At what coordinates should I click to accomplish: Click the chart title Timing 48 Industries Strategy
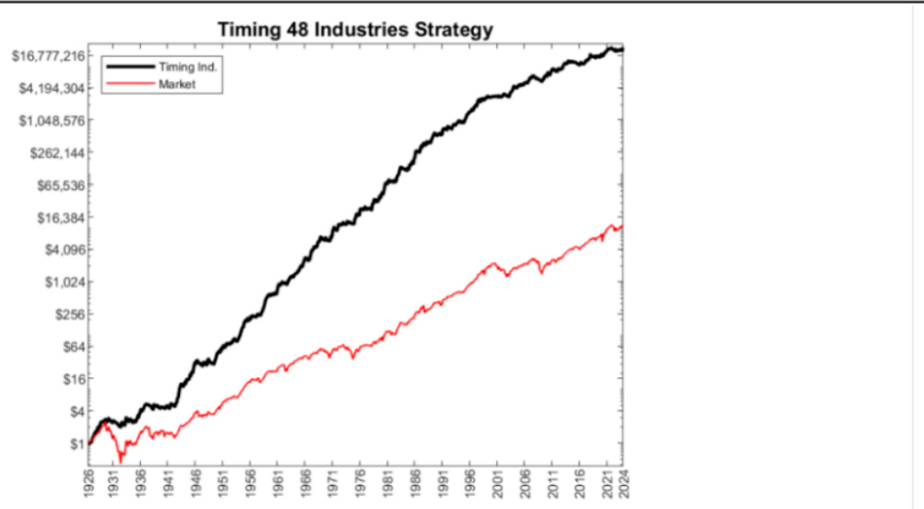pyautogui.click(x=355, y=30)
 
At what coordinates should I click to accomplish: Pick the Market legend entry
pyautogui.click(x=184, y=84)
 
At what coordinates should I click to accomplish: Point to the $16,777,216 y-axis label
pyautogui.click(x=48, y=56)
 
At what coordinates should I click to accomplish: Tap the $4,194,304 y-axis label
pyautogui.click(x=51, y=89)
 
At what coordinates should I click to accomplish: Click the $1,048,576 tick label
pyautogui.click(x=51, y=121)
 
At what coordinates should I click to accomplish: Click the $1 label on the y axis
pyautogui.click(x=77, y=444)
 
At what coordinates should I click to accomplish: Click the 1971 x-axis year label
pyautogui.click(x=333, y=484)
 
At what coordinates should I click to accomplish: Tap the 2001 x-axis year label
pyautogui.click(x=496, y=484)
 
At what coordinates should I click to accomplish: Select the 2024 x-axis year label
pyautogui.click(x=624, y=484)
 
